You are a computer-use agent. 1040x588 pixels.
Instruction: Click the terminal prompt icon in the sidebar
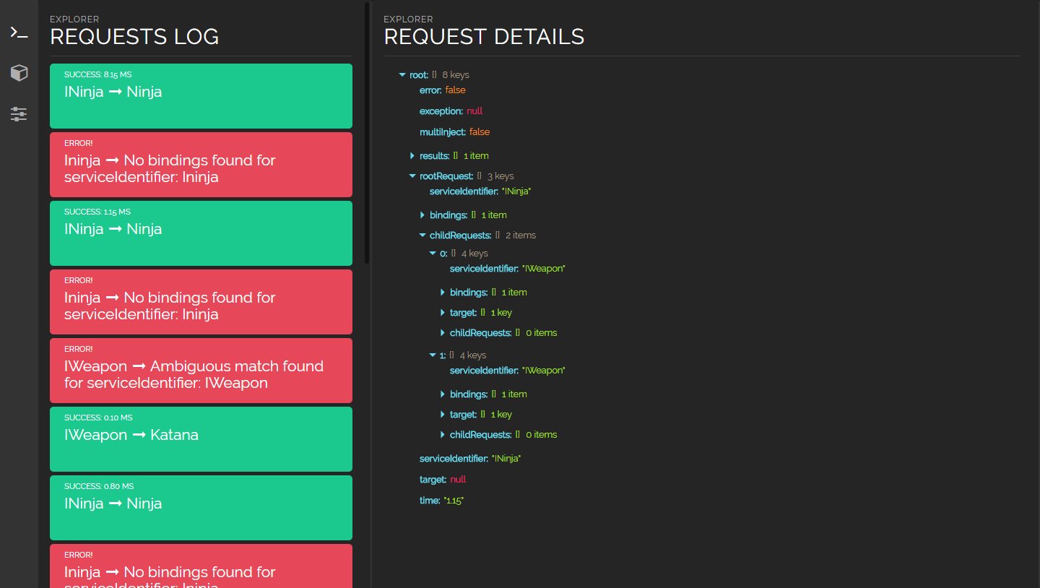point(19,33)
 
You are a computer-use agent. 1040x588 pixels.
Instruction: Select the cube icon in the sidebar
point(19,73)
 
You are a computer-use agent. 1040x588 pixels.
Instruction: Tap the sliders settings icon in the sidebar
point(19,114)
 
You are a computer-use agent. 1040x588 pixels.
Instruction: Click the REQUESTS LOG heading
point(134,37)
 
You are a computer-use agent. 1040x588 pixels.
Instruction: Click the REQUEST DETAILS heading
point(484,37)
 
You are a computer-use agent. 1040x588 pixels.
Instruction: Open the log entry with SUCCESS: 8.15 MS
point(201,96)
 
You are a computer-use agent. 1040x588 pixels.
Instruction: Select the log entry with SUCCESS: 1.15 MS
point(201,233)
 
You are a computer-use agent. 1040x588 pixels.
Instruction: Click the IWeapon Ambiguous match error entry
point(201,371)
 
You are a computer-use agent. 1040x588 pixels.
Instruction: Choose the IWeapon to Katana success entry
point(201,439)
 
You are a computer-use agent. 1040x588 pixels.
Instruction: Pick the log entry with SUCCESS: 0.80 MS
point(201,508)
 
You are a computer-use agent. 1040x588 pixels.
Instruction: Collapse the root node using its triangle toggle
point(402,75)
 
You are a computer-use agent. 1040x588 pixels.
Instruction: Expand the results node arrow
point(412,155)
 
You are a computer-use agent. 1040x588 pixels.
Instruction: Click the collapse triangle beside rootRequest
point(412,176)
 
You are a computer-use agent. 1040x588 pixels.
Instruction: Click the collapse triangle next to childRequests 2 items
point(422,235)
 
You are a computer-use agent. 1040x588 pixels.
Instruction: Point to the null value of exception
point(474,111)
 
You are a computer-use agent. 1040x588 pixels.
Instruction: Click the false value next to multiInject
point(479,132)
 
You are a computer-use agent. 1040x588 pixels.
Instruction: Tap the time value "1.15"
point(454,501)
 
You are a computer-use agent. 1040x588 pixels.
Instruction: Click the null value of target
point(458,480)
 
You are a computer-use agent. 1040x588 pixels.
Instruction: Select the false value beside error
point(455,90)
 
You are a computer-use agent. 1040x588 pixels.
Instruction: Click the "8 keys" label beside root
point(456,75)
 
